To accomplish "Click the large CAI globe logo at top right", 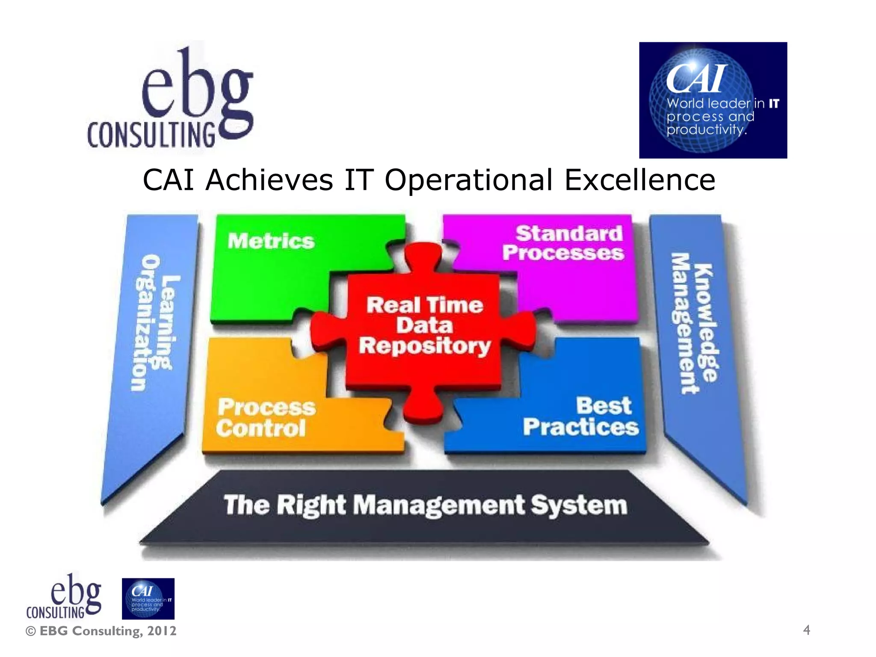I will point(713,100).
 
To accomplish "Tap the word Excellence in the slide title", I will point(639,180).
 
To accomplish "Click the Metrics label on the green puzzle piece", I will point(271,241).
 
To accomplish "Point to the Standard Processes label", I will point(563,243).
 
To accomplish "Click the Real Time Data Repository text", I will point(425,326).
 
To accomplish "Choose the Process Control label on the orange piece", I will point(266,417).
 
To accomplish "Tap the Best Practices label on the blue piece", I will point(581,416).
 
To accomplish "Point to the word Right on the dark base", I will point(311,505).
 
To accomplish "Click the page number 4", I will point(806,630).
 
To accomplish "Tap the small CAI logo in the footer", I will point(148,598).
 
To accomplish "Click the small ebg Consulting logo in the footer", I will point(64,597).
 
